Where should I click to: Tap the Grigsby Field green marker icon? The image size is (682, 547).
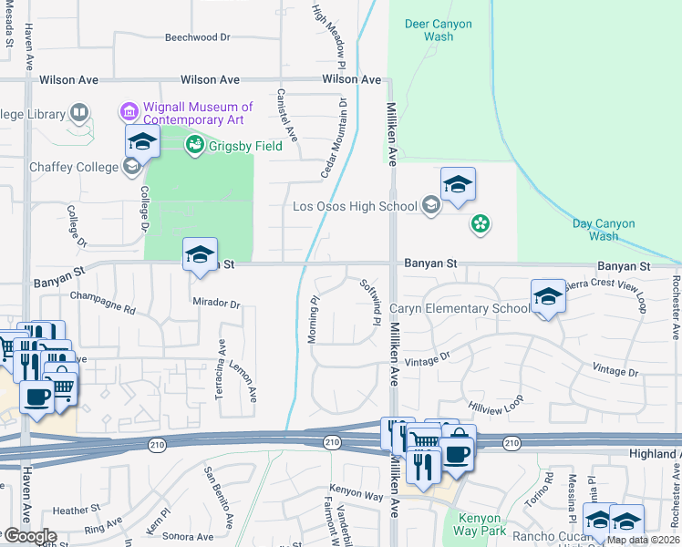click(194, 144)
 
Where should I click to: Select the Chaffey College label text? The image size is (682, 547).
click(74, 167)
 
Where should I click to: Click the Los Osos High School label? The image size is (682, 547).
click(355, 206)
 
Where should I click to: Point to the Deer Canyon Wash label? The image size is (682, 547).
click(439, 31)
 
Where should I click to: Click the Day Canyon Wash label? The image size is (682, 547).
click(603, 230)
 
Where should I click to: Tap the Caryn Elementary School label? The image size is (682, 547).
click(460, 309)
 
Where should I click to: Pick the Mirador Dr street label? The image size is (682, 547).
click(216, 304)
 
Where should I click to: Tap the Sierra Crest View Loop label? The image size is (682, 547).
click(605, 295)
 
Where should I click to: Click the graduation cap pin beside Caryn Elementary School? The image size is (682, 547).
click(547, 296)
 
